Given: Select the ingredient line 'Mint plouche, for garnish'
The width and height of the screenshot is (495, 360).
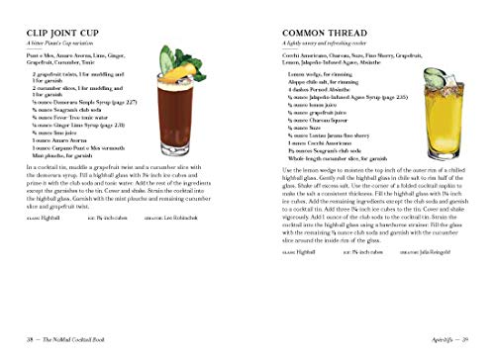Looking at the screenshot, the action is [66, 156].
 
